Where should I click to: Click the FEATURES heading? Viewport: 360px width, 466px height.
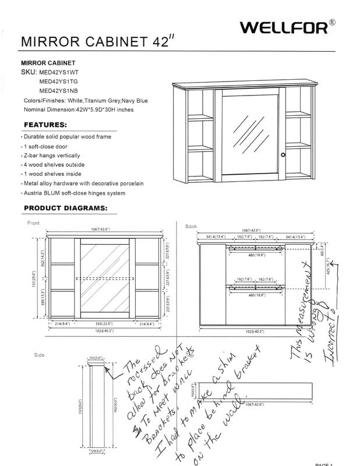pyautogui.click(x=45, y=125)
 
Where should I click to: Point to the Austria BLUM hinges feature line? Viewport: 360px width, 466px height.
pyautogui.click(x=75, y=193)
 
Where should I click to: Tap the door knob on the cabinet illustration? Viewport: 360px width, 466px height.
pyautogui.click(x=283, y=155)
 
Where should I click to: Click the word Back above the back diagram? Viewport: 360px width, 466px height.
pyautogui.click(x=191, y=225)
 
